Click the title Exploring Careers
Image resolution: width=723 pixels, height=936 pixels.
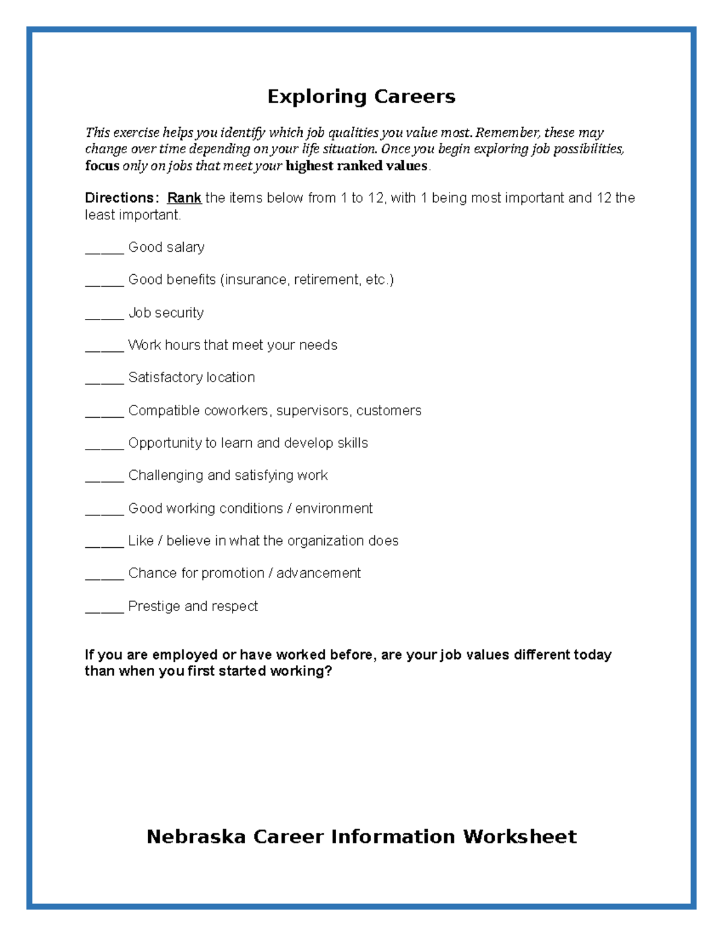click(361, 96)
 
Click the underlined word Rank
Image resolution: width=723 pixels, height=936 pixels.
click(184, 198)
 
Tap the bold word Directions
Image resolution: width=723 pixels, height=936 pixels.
click(120, 198)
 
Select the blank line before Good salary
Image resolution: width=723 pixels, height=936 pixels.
click(104, 251)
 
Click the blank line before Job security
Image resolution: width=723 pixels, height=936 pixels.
click(104, 316)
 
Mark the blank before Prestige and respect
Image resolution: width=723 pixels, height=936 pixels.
click(104, 610)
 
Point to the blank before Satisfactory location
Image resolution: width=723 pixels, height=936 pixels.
click(104, 381)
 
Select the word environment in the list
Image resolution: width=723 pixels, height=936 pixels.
click(334, 508)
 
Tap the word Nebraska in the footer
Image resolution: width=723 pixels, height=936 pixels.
click(196, 837)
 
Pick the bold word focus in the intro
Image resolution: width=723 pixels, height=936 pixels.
click(102, 166)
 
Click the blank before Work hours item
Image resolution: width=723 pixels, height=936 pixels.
click(104, 349)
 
